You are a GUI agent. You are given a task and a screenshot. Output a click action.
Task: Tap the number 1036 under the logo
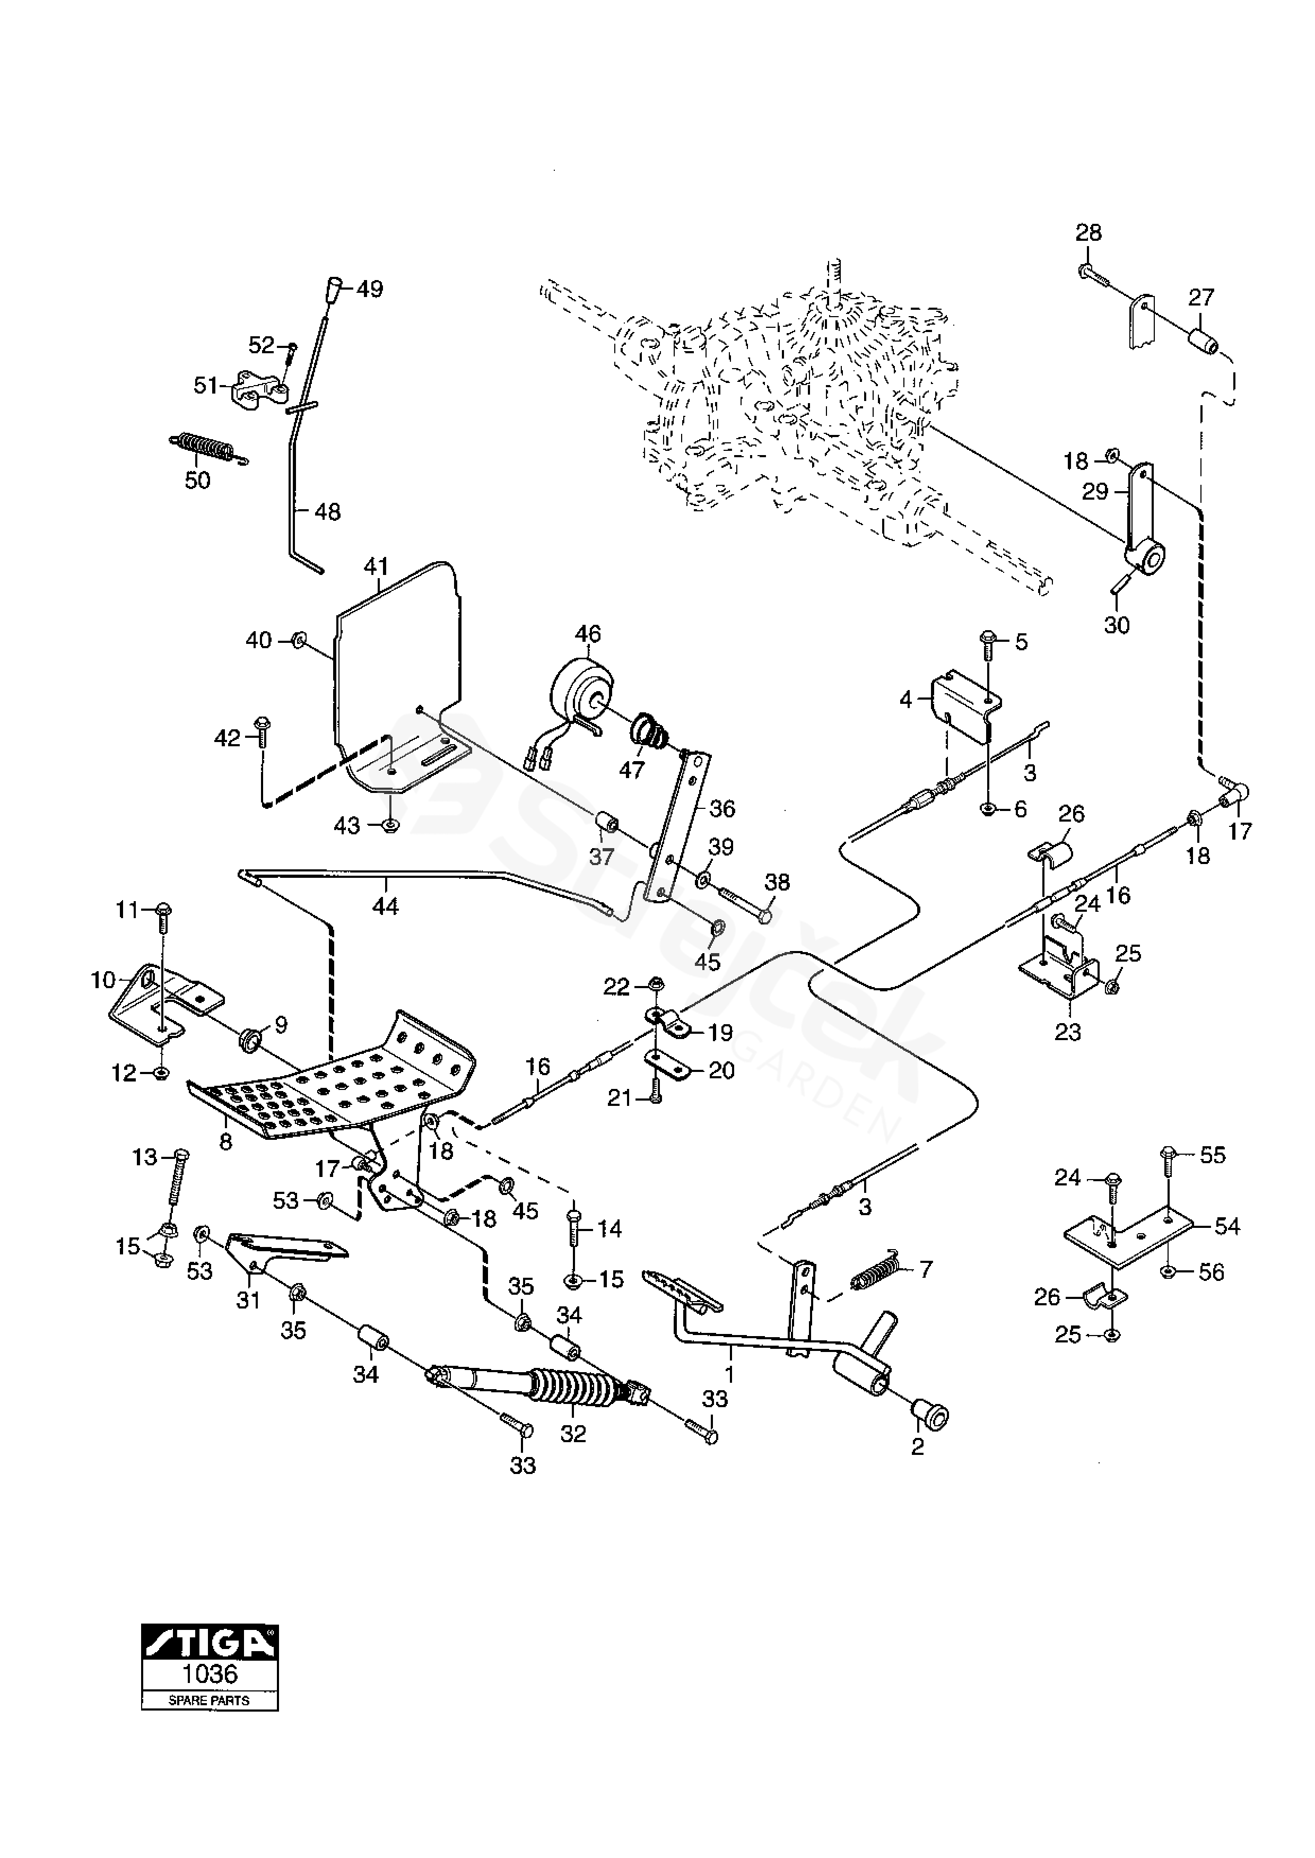pos(210,1673)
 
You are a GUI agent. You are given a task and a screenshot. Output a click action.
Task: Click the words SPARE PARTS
pos(209,1700)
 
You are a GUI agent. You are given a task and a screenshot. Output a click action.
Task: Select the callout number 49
pos(370,289)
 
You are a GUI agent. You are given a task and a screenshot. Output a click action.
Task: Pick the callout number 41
pos(377,566)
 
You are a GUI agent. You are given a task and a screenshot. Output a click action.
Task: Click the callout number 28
pos(1088,233)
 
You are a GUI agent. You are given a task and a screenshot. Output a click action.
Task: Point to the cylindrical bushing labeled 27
pos(1204,337)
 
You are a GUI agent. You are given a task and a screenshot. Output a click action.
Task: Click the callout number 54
pos(1227,1226)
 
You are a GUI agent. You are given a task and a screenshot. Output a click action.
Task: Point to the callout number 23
pos(1067,1032)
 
